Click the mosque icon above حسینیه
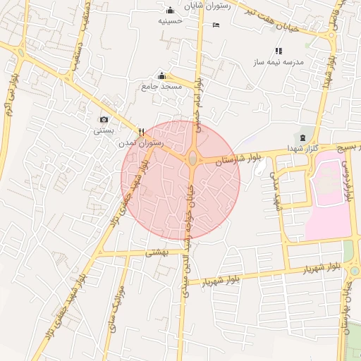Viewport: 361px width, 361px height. pos(170,11)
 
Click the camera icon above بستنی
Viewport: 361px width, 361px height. pos(104,119)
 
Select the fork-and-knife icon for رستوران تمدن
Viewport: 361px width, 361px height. pos(142,131)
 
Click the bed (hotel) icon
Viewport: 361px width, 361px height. pos(216,25)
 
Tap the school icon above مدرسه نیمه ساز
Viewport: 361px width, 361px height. pos(279,51)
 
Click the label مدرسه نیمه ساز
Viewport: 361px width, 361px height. pos(279,62)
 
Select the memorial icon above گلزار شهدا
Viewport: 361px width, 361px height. pos(303,136)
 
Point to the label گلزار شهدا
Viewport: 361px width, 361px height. pos(302,148)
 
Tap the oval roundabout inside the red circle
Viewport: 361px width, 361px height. pos(192,159)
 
